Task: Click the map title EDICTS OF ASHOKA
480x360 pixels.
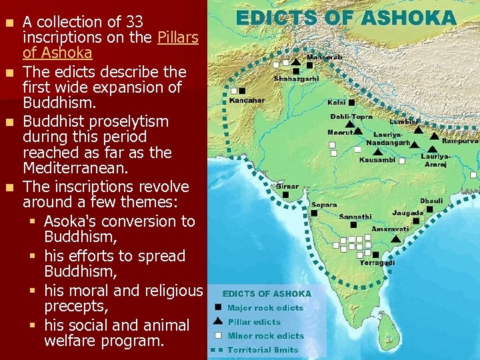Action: tap(345, 18)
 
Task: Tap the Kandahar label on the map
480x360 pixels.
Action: tap(247, 101)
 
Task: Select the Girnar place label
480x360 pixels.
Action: tap(287, 187)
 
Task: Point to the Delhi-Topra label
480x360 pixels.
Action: tap(352, 117)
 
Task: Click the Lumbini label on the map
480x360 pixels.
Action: tap(404, 121)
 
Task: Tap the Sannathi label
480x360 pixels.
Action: tap(355, 217)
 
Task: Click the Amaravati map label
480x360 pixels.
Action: tap(389, 229)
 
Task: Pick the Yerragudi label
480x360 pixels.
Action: tap(377, 263)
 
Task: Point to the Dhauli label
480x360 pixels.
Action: tap(431, 201)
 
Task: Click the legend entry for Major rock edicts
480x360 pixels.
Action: tap(265, 308)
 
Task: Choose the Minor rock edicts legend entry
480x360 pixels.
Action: tap(265, 336)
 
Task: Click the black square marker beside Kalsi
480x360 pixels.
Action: tap(351, 103)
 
